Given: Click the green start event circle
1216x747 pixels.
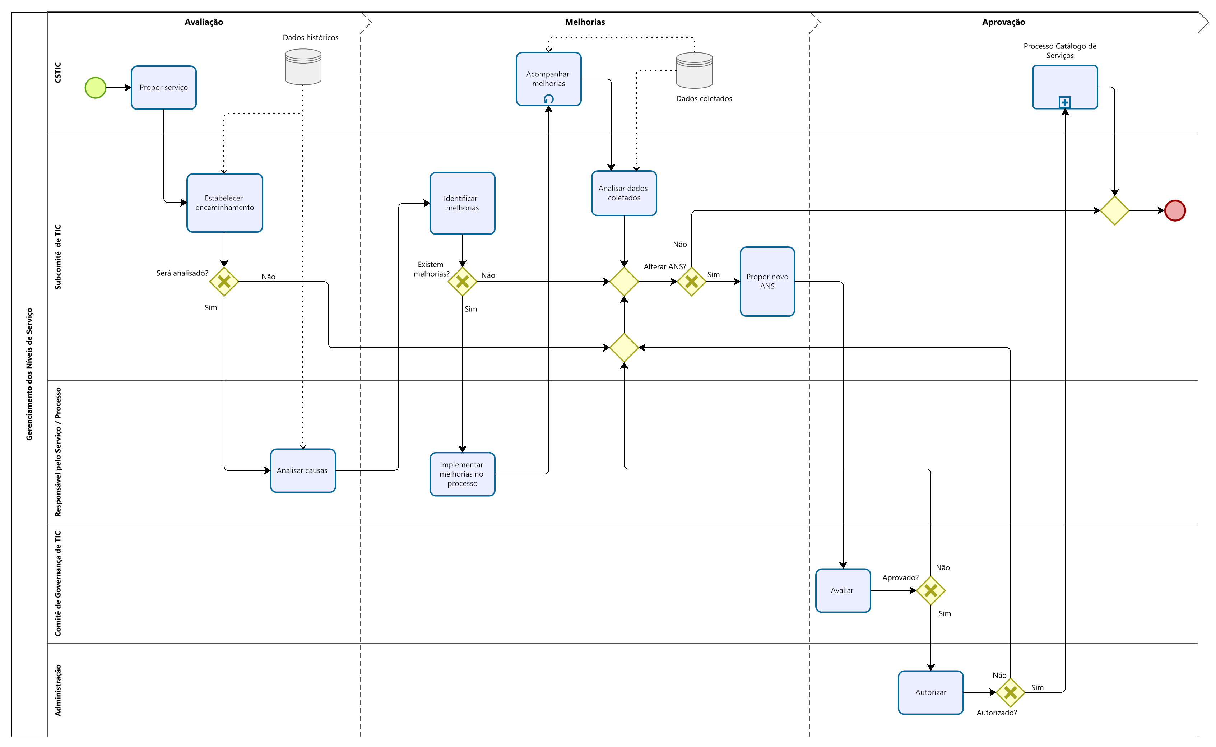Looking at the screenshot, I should tap(95, 88).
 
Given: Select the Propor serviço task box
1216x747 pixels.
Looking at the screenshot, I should tap(163, 87).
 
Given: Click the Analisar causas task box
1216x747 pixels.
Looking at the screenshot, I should tap(303, 470).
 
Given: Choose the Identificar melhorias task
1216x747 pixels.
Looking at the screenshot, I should tap(462, 203).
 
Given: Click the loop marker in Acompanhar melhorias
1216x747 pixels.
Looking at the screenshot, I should tap(548, 99).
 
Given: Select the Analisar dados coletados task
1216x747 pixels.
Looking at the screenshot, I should tap(623, 193).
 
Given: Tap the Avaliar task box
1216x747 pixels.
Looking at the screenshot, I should tap(842, 590).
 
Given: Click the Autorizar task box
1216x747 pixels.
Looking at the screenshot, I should tap(930, 692).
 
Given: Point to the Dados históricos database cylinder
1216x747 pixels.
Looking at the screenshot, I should tap(303, 67).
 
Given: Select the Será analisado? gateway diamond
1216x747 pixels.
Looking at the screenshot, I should tap(224, 282).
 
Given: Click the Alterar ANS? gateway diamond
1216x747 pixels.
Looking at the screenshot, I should tap(691, 282).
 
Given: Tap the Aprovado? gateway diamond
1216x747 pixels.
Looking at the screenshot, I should tap(930, 590).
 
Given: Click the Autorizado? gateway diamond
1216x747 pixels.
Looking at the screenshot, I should tap(1010, 692).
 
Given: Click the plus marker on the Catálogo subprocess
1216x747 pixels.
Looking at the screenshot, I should tap(1064, 103).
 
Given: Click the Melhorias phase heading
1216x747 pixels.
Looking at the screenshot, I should tap(584, 22).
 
